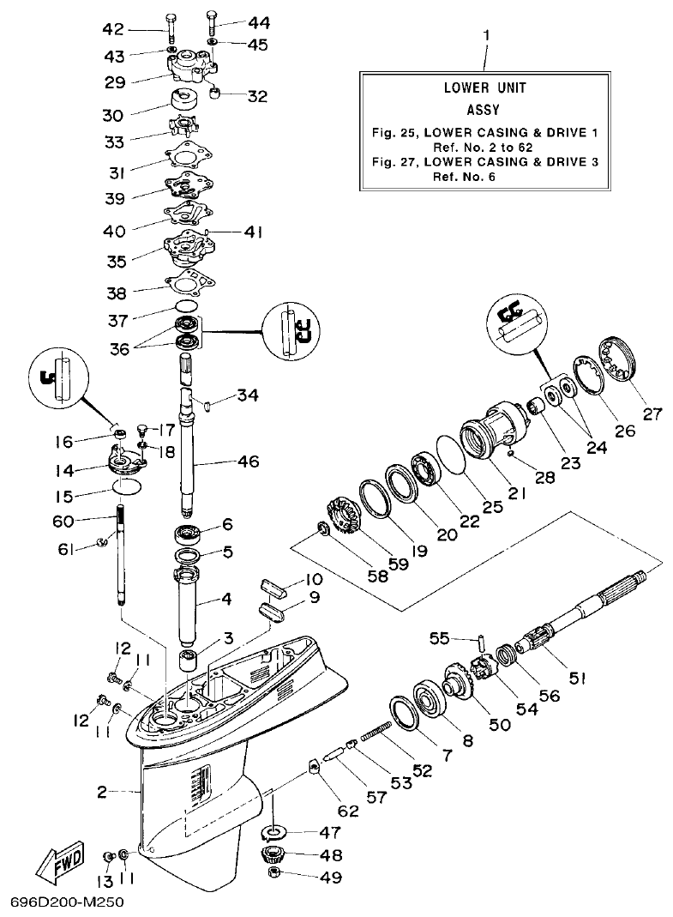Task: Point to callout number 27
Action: pyautogui.click(x=653, y=412)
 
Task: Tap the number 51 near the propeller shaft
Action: pyautogui.click(x=577, y=678)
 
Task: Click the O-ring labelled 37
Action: pyautogui.click(x=187, y=306)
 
